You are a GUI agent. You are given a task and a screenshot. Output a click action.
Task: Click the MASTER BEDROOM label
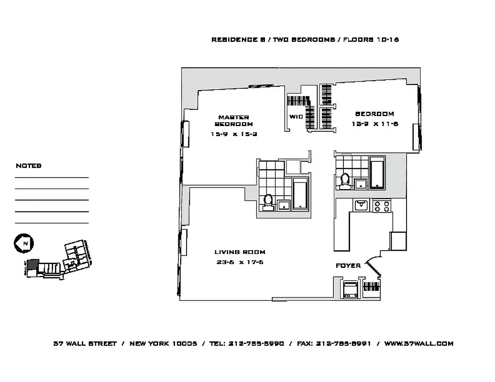tap(233, 120)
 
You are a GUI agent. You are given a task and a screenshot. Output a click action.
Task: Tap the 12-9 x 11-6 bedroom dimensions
tap(374, 124)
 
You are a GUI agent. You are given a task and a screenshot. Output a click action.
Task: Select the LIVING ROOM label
tap(240, 252)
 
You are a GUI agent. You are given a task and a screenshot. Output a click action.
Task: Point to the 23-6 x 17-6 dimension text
tap(240, 262)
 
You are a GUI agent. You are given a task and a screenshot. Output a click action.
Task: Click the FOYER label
tap(348, 265)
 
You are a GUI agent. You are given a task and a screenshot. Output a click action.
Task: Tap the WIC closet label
tap(296, 117)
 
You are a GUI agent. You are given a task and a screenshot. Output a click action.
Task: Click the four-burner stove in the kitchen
tap(382, 206)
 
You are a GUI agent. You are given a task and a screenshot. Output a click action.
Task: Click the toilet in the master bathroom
tap(268, 202)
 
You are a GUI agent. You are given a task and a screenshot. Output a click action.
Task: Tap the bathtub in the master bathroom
tap(300, 194)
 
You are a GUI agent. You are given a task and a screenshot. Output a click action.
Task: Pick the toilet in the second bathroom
tap(344, 181)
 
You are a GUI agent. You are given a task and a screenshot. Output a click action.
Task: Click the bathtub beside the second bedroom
tap(377, 172)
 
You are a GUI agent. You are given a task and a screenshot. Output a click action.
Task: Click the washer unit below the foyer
tap(349, 289)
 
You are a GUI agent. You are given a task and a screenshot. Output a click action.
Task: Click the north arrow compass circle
tap(22, 243)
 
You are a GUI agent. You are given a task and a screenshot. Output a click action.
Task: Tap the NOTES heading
tap(29, 166)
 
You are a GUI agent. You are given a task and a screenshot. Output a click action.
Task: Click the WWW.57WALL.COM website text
tap(418, 343)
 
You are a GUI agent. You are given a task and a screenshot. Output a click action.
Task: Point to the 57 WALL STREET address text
tap(85, 343)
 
